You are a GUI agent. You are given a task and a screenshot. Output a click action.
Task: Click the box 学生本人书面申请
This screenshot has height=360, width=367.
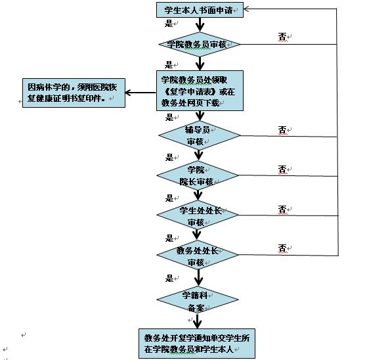point(200,10)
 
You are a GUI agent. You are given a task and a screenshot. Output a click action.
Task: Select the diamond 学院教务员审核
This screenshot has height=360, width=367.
point(200,44)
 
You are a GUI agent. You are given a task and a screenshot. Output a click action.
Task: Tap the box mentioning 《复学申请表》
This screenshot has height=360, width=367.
point(200,91)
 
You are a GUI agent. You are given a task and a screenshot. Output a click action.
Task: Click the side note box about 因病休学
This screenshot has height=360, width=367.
point(74,93)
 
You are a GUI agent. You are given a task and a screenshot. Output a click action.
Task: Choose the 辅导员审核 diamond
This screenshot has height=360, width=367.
point(200,135)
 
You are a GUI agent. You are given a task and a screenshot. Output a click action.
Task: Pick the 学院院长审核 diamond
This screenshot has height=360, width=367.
point(198,175)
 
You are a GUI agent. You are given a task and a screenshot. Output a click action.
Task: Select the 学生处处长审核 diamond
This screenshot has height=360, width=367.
point(198,215)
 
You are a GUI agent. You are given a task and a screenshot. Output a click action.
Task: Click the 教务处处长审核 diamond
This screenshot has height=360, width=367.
point(198,255)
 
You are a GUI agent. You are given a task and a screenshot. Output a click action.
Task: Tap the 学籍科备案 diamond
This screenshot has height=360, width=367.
point(198,300)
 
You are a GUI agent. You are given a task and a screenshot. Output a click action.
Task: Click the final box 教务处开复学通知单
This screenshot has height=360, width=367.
point(197,344)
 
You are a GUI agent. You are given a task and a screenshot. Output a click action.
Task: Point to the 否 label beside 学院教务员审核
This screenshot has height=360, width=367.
point(282,37)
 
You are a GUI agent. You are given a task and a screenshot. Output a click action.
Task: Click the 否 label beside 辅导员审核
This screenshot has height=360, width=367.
point(282,130)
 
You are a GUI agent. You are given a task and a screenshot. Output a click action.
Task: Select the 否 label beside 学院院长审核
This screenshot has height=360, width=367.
point(282,169)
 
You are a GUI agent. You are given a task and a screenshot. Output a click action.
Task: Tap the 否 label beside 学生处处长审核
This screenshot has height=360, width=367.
point(282,210)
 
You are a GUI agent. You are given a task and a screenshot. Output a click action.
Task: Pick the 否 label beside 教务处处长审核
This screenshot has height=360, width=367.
point(282,248)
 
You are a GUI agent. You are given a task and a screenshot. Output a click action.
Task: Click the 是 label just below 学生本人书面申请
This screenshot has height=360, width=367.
point(169,23)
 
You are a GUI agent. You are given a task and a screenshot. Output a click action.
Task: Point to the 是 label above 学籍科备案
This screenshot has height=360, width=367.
point(169,279)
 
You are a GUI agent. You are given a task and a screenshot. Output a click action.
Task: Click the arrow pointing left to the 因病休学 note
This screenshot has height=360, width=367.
point(140,93)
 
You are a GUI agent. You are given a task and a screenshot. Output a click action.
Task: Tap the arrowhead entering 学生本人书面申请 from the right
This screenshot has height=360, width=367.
point(246,9)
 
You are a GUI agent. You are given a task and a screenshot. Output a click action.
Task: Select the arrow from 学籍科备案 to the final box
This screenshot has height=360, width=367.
point(198,321)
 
